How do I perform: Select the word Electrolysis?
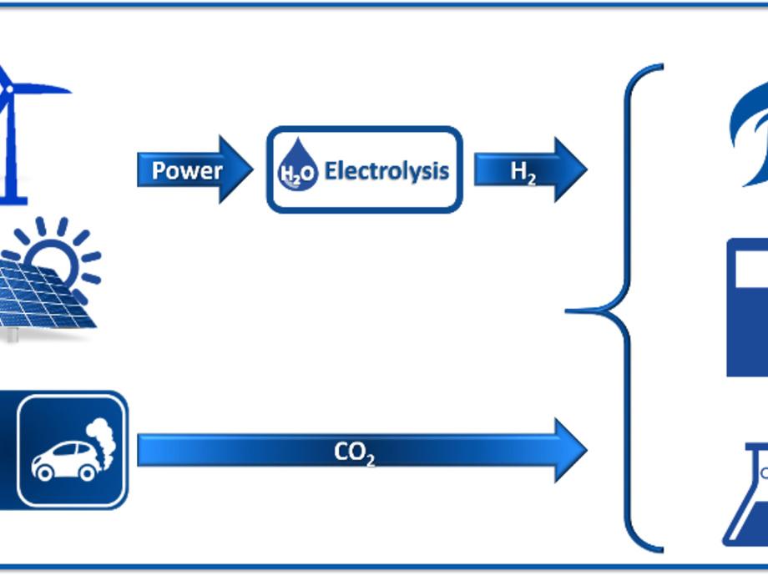click(387, 171)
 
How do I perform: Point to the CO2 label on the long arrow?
click(354, 452)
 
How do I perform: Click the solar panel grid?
click(42, 296)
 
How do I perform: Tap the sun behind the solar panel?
click(58, 250)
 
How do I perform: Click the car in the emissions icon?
click(63, 458)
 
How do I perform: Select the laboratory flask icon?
click(747, 501)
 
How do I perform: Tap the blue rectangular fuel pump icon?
click(747, 309)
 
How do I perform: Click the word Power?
click(187, 171)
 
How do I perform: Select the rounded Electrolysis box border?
click(363, 129)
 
